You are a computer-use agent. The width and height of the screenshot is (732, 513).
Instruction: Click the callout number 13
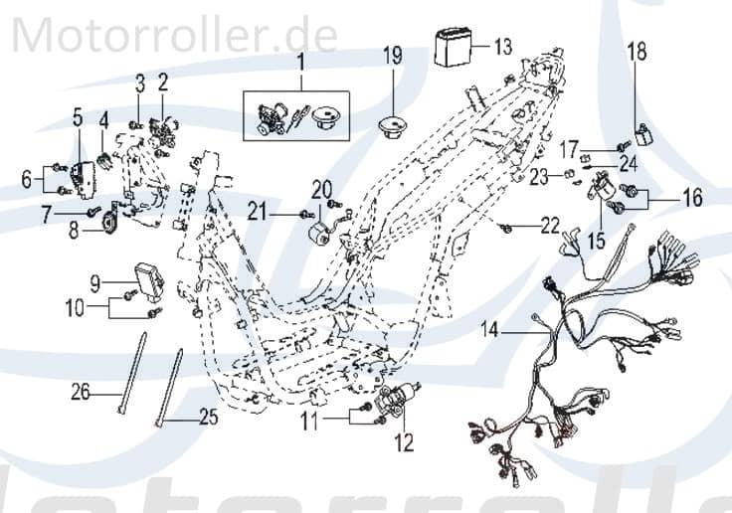[503, 46]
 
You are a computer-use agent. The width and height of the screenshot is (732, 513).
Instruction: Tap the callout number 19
[394, 56]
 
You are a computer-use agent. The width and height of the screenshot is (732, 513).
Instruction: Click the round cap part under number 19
[394, 126]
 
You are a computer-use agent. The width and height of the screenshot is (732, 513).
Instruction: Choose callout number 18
[637, 50]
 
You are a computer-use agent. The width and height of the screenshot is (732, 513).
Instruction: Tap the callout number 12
[404, 443]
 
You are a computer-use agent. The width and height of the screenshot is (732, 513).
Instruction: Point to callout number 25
[206, 419]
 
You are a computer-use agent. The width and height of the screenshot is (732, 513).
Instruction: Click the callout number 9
[95, 282]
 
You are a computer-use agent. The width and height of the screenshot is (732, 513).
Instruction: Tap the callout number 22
[550, 227]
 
